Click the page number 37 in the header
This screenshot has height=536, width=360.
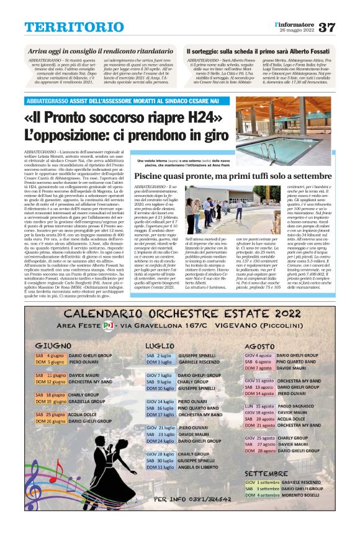coord(344,27)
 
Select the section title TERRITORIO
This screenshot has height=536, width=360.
coord(66,27)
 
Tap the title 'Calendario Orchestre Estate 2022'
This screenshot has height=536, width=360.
coord(180,314)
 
